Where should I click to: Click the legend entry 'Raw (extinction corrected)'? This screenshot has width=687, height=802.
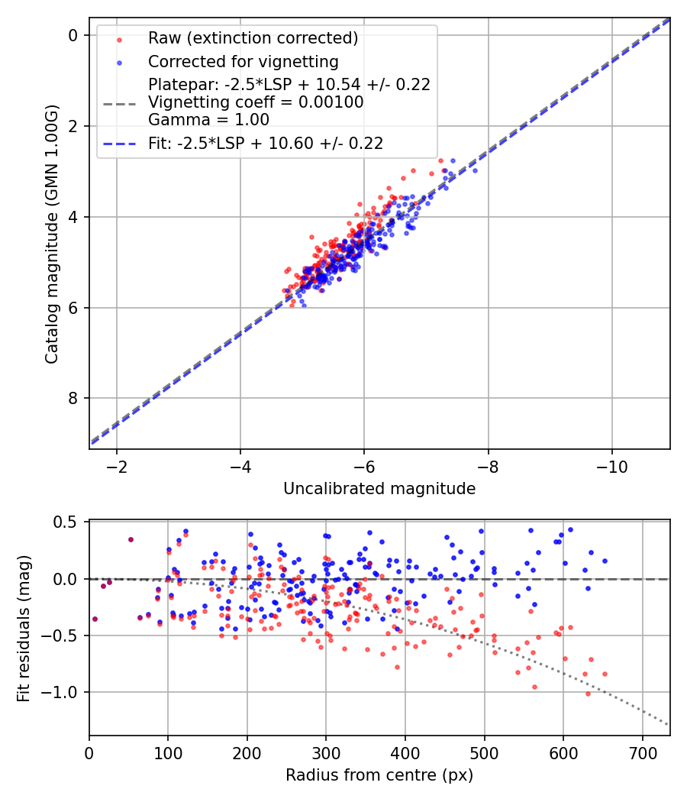click(x=253, y=38)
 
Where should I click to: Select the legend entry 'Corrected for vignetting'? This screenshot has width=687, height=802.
click(x=244, y=61)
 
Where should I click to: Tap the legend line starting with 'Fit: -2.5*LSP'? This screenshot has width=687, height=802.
click(x=266, y=143)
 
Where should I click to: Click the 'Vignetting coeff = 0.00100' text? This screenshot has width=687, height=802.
click(x=256, y=102)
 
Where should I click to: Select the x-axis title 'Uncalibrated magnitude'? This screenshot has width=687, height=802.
click(x=379, y=489)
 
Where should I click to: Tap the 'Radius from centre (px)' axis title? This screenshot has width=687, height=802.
click(x=379, y=775)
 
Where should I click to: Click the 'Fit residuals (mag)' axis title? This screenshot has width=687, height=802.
click(x=23, y=628)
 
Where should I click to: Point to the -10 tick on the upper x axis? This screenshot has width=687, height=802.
click(x=612, y=466)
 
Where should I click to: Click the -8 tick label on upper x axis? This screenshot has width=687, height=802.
click(x=489, y=466)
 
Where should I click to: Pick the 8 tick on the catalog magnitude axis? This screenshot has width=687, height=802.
click(x=73, y=399)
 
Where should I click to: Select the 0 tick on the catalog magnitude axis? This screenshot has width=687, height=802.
click(x=73, y=35)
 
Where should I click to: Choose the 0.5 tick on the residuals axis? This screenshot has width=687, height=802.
click(x=69, y=522)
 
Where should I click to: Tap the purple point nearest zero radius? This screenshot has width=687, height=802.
click(x=95, y=619)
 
